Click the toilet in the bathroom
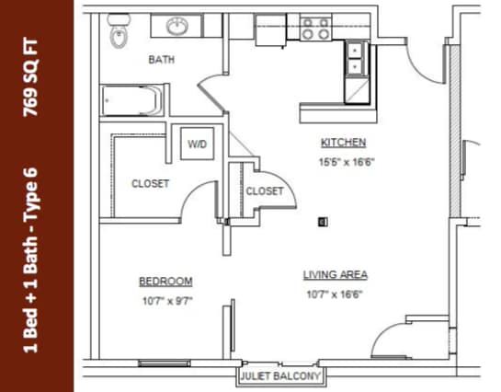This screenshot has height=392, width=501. [119, 31]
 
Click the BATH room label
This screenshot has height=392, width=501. [162, 60]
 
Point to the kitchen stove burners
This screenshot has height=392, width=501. [315, 29]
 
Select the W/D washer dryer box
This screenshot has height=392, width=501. [198, 144]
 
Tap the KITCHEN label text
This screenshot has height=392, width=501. [343, 143]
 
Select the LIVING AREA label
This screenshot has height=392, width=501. [336, 275]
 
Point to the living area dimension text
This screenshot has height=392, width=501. [335, 295]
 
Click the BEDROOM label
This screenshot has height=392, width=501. [165, 282]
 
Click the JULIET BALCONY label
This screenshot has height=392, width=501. [280, 376]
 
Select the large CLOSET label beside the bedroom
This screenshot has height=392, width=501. [150, 184]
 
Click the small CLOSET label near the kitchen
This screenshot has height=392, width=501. [265, 191]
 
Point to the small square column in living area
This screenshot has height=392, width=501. [322, 221]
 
